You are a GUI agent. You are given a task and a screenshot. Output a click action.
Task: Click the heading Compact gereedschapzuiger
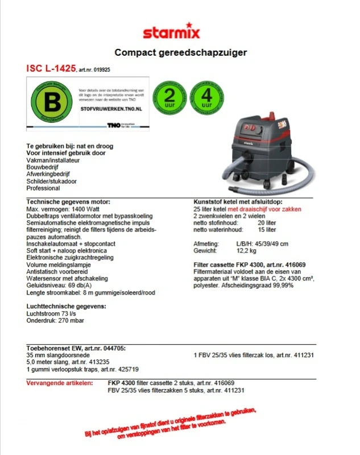pyautogui.click(x=180, y=52)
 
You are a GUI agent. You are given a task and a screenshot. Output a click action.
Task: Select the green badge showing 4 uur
pyautogui.click(x=206, y=97)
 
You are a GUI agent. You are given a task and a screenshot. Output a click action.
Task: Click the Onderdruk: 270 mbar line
pyautogui.click(x=55, y=320)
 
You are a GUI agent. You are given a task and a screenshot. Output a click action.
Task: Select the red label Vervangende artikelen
pyautogui.click(x=60, y=383)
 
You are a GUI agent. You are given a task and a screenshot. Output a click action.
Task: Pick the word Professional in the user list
pyautogui.click(x=43, y=188)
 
